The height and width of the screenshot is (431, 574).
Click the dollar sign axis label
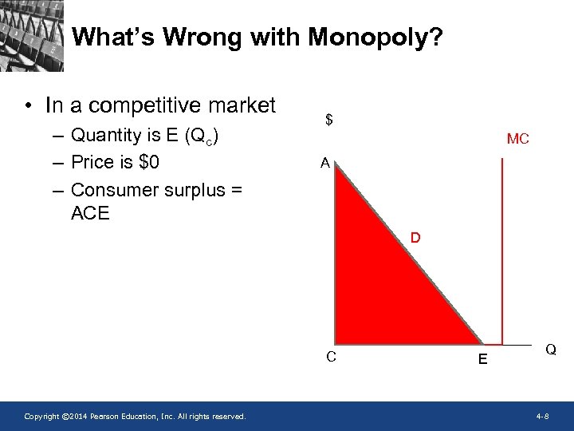tap(329, 121)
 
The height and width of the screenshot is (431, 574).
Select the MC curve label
tap(517, 139)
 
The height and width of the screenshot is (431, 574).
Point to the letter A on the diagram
tap(324, 164)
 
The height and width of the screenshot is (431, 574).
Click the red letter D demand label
tap(416, 238)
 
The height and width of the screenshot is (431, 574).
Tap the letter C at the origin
tap(331, 356)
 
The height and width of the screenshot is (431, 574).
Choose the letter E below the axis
tap(483, 360)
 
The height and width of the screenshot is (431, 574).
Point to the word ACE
tap(90, 213)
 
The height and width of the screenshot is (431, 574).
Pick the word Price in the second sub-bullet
tap(91, 162)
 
